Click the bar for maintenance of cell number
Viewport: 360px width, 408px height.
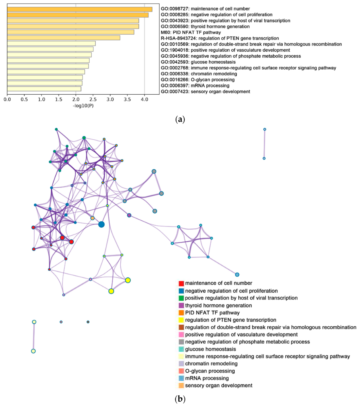pos(80,9)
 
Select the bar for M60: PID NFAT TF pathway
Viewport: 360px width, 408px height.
pos(71,32)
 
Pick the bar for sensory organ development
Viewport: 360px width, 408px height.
pos(44,89)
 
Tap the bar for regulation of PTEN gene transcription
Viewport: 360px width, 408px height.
pos(63,38)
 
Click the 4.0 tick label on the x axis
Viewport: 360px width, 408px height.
pos(144,100)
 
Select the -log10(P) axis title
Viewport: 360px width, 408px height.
pos(83,106)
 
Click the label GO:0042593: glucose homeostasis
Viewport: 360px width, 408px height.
pos(198,62)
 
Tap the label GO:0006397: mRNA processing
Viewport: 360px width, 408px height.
pos(195,86)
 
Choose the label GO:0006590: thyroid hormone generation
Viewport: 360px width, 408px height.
pos(205,27)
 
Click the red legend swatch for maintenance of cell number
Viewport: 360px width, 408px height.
pos(181,283)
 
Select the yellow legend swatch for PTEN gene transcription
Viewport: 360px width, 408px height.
pos(181,320)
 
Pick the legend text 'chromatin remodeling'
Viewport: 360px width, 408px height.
pos(211,364)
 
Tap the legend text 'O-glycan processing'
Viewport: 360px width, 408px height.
pos(210,371)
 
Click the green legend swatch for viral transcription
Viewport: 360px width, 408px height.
pos(181,298)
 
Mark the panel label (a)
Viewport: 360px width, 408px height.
pos(180,119)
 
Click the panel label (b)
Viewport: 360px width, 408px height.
pos(180,399)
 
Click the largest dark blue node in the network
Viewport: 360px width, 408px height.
pos(101,224)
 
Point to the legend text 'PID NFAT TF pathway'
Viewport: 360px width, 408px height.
pos(212,313)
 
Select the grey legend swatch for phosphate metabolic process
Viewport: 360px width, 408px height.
pos(181,342)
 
